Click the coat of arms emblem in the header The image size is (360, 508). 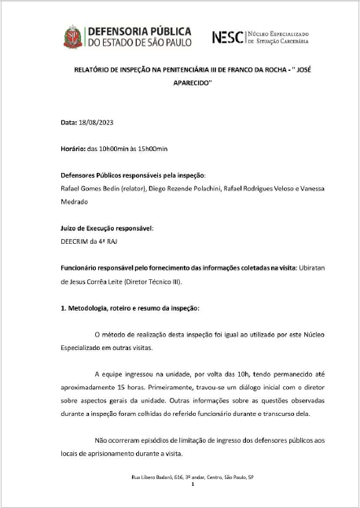pyautogui.click(x=73, y=35)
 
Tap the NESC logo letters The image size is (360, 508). pyautogui.click(x=228, y=35)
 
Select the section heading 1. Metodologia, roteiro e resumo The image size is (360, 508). pyautogui.click(x=130, y=307)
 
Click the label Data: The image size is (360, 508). pyautogui.click(x=69, y=123)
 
